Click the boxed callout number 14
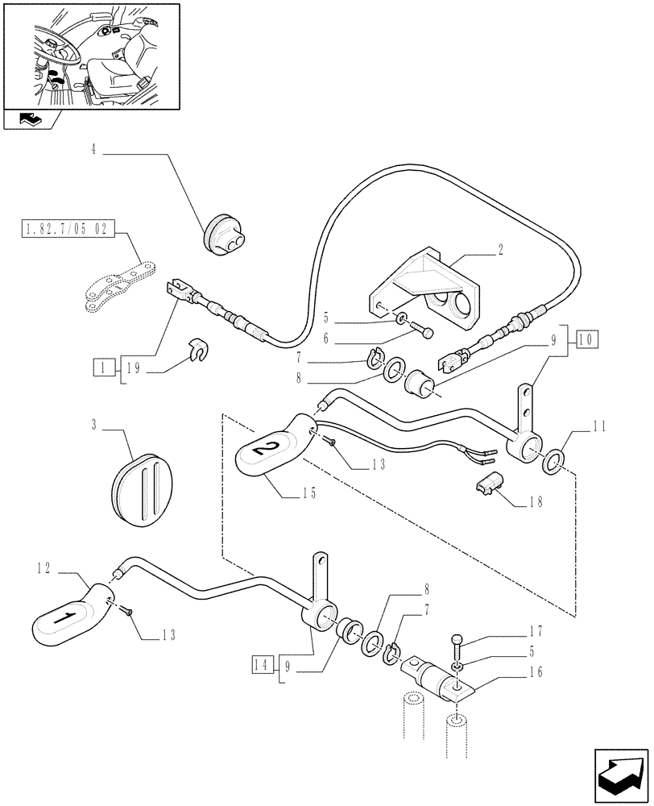pyautogui.click(x=259, y=665)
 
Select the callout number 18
pyautogui.click(x=535, y=500)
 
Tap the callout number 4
pyautogui.click(x=93, y=148)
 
